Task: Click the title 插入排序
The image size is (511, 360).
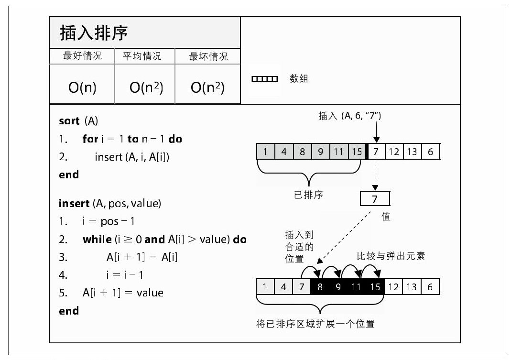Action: click(94, 33)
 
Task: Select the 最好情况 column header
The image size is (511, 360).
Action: click(82, 56)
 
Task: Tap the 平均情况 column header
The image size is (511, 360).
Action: click(142, 56)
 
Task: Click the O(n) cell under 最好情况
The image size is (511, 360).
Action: click(82, 87)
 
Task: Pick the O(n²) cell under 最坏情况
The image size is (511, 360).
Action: click(207, 87)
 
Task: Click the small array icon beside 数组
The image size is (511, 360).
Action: click(264, 79)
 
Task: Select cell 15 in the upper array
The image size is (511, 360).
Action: click(357, 152)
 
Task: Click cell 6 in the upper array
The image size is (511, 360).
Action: click(430, 152)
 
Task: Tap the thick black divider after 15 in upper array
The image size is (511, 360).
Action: click(367, 152)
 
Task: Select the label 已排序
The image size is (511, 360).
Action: click(308, 196)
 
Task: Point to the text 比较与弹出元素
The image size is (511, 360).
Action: click(391, 256)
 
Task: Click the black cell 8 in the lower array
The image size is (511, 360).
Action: click(320, 287)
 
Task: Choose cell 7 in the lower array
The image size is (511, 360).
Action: click(302, 287)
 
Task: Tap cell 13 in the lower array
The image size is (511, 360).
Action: click(412, 287)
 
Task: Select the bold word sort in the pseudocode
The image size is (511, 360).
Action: click(69, 121)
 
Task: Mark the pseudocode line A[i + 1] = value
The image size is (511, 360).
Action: click(123, 293)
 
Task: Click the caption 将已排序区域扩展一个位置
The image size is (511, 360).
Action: click(315, 324)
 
